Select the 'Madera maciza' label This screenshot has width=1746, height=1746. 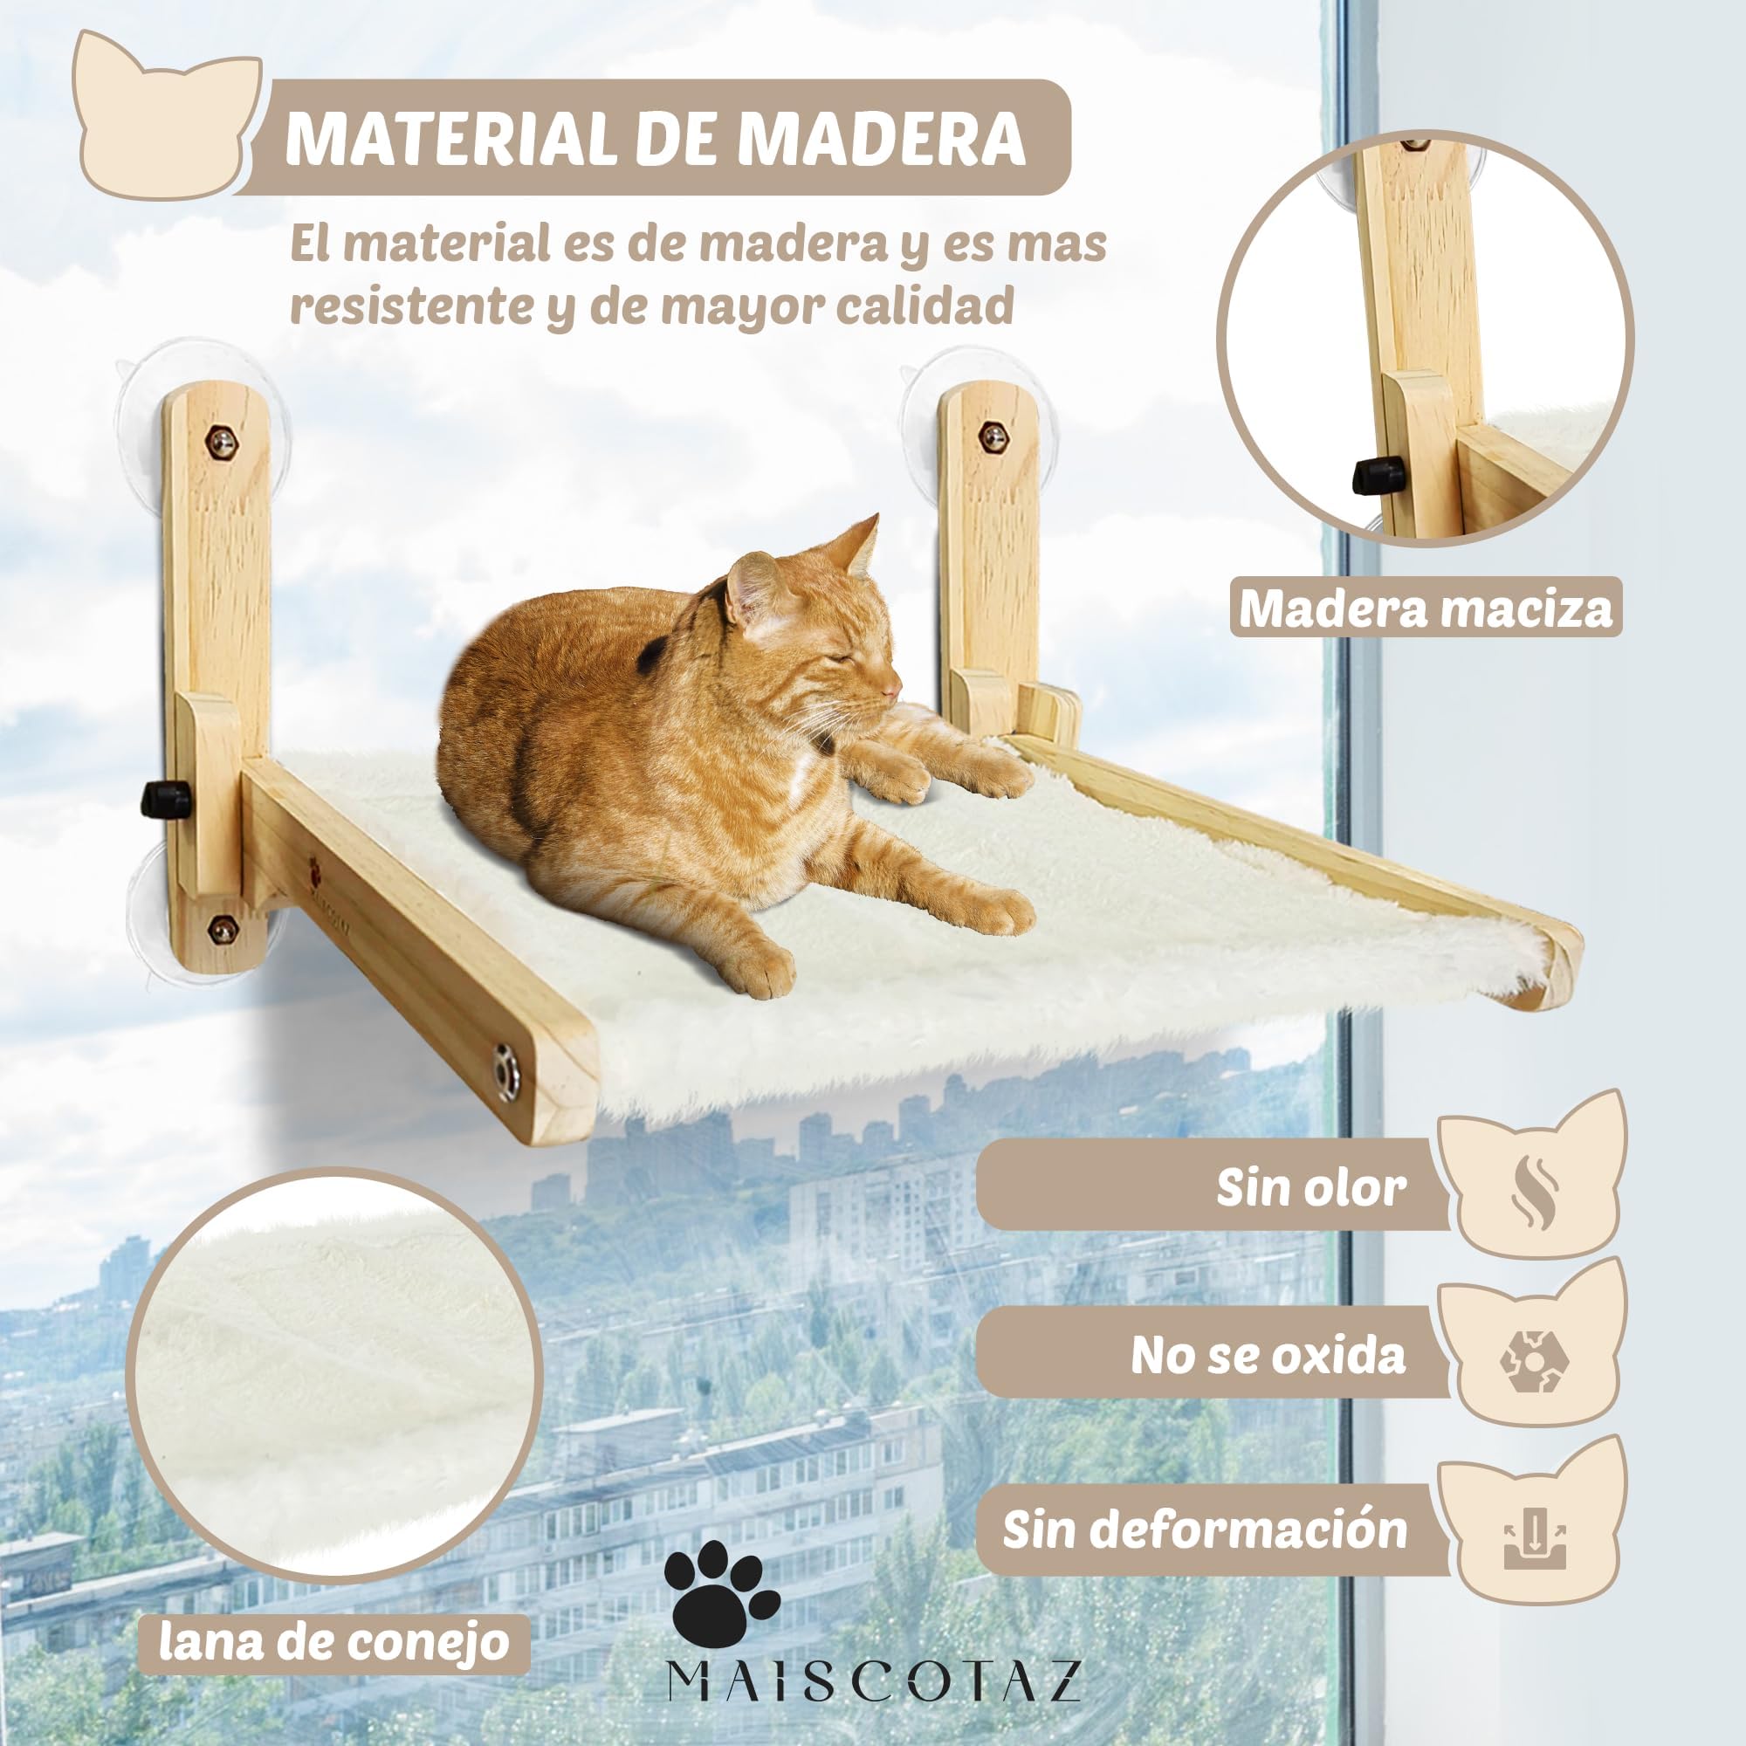1426,609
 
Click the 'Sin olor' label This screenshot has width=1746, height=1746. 1310,1187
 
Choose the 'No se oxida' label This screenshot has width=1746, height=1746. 1268,1356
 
